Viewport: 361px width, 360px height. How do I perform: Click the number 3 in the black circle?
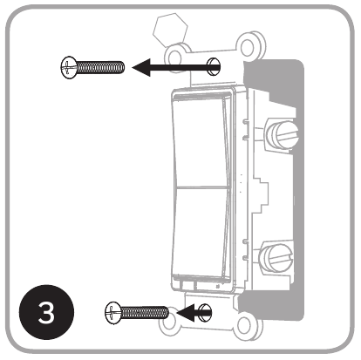51,312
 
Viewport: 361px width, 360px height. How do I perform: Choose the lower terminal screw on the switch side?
274,258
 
